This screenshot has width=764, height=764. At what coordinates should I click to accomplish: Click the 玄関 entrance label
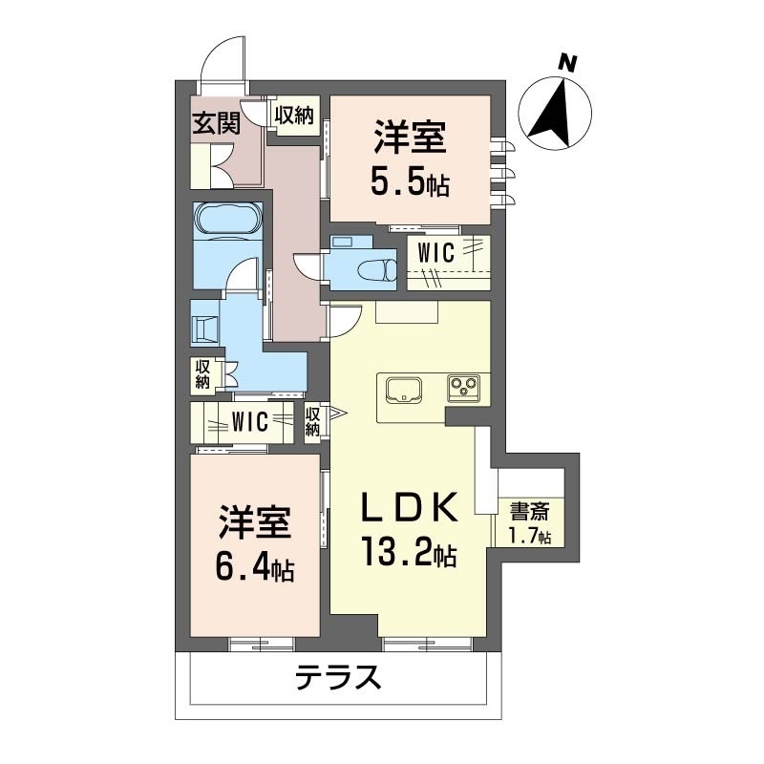click(217, 123)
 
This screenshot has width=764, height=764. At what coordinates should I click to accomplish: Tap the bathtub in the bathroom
click(228, 218)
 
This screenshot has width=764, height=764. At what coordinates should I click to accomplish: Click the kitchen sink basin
click(404, 390)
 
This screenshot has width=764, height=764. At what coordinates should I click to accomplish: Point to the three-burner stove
click(463, 388)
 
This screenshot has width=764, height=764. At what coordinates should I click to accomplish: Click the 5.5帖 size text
click(410, 182)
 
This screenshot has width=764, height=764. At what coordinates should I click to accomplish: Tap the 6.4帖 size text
click(254, 566)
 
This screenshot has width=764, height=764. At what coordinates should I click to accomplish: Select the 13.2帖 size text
click(409, 551)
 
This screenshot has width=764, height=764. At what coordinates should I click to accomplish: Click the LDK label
click(409, 508)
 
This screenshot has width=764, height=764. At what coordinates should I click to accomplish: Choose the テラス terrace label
click(339, 677)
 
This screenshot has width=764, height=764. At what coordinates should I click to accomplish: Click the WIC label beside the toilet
click(436, 252)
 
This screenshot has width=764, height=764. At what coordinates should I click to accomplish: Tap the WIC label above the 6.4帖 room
click(250, 422)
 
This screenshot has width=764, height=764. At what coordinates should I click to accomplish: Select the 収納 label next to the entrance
click(294, 116)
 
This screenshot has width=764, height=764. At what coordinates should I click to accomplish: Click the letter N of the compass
click(567, 63)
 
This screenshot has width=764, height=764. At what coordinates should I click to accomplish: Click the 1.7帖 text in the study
click(530, 536)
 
